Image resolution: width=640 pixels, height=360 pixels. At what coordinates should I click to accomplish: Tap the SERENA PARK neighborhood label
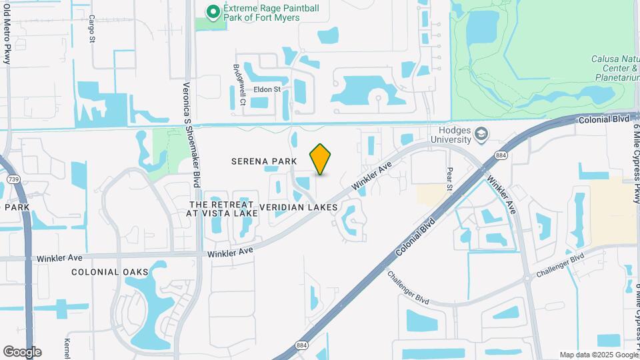click(260, 161)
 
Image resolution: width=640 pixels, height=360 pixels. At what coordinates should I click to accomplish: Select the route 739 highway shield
click(13, 179)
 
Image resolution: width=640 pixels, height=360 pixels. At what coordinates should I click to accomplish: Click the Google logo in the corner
click(22, 352)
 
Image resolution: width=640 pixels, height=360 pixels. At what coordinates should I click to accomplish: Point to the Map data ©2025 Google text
click(597, 355)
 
